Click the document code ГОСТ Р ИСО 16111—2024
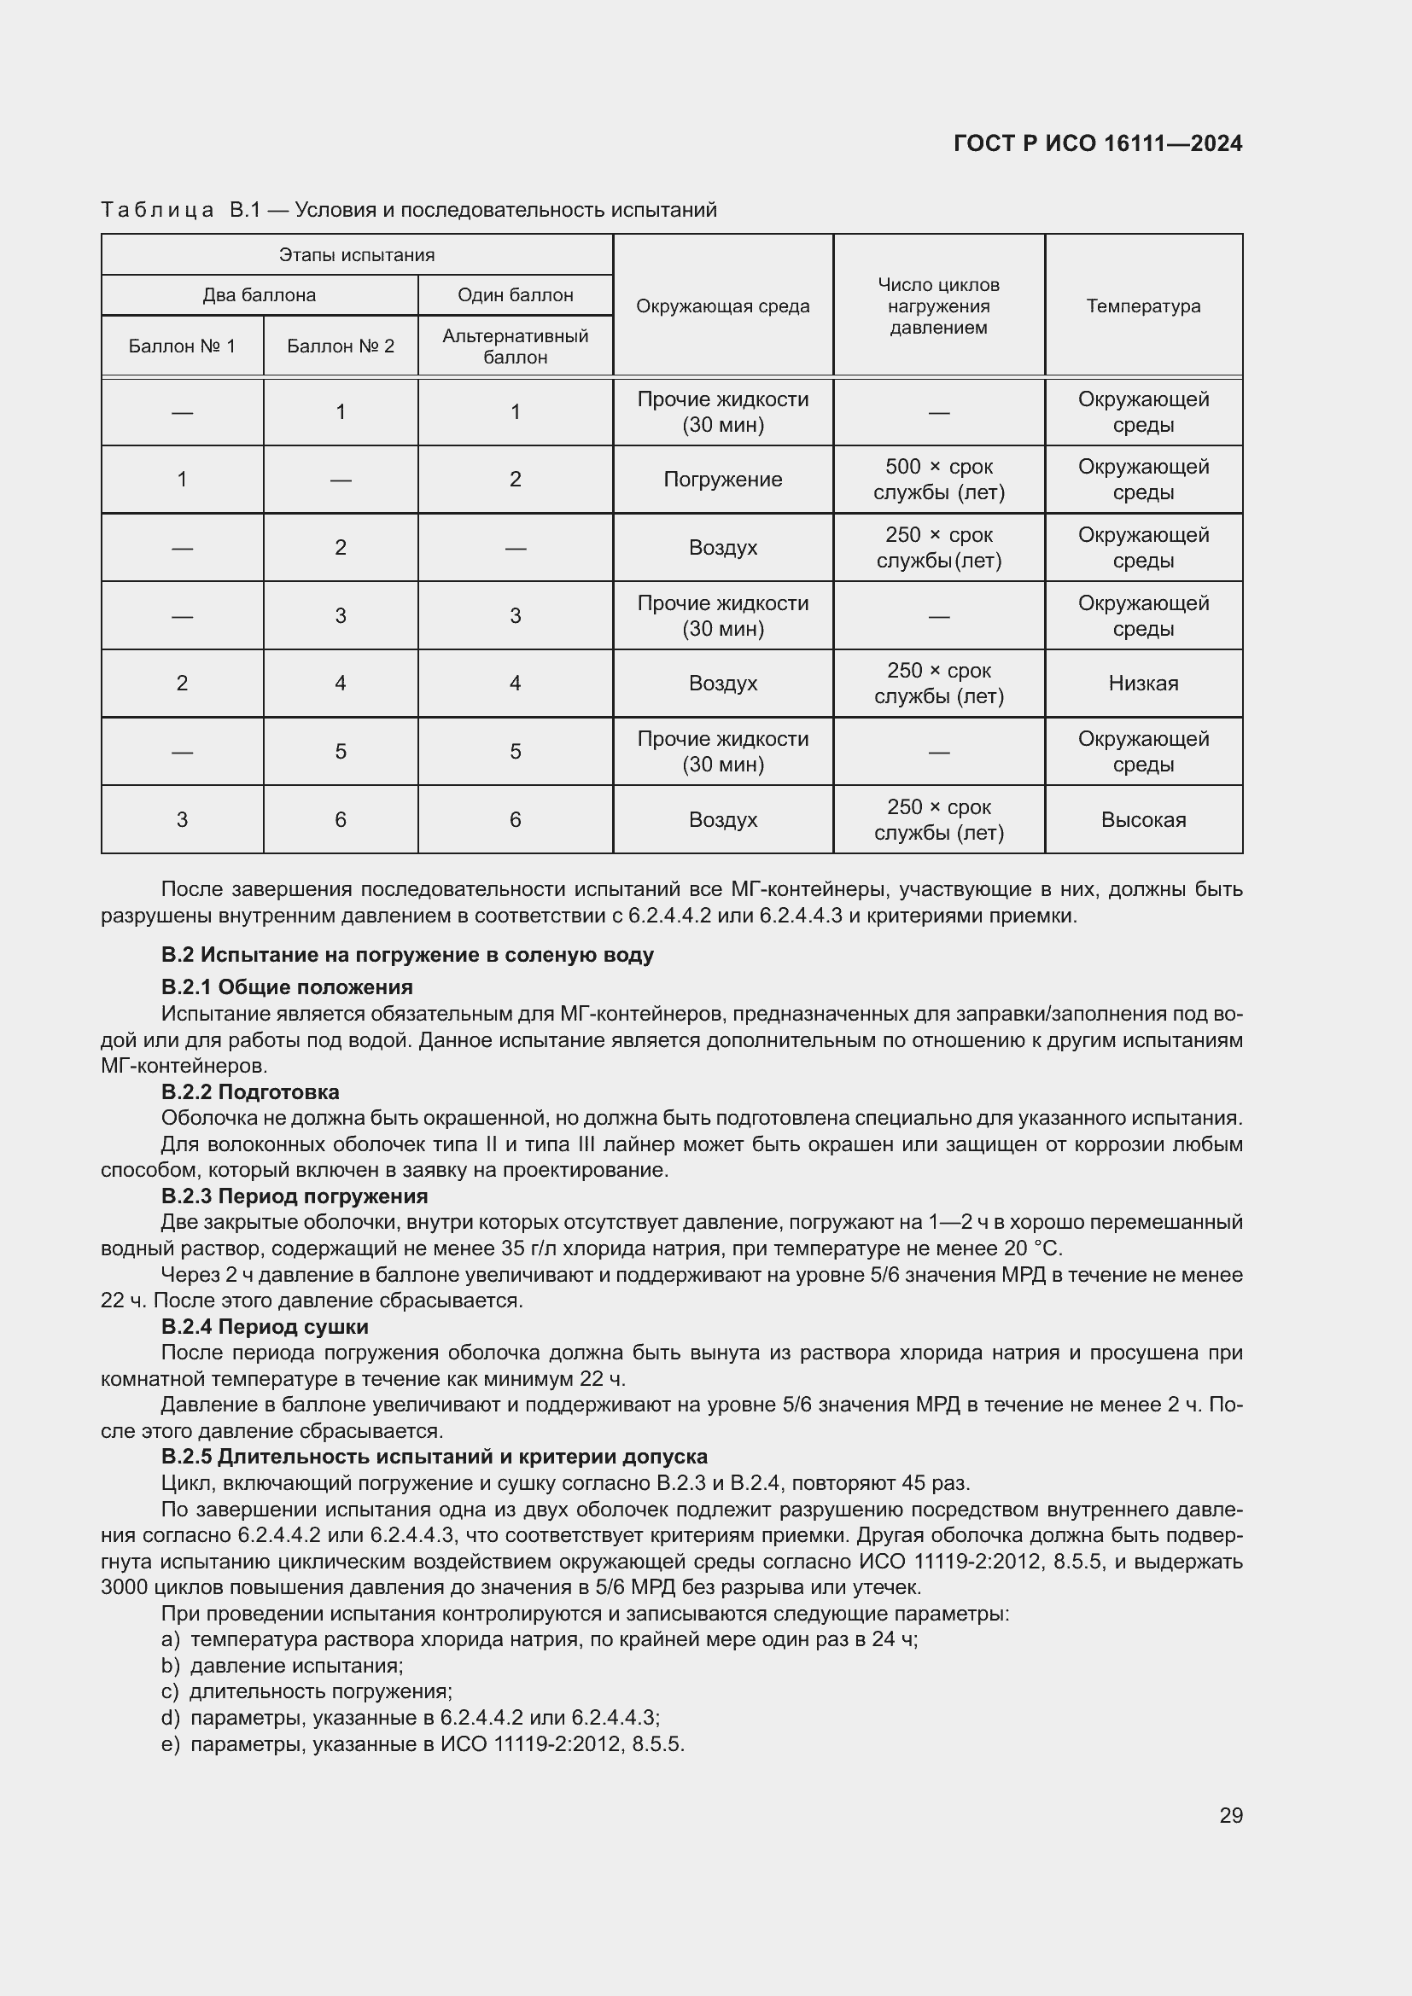tap(1097, 143)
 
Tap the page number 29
tap(1230, 1815)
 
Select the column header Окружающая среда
tap(722, 306)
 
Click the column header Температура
tap(1142, 306)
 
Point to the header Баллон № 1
tap(182, 346)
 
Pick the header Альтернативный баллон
tap(515, 346)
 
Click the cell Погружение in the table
tap(722, 479)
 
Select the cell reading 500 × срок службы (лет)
tap(938, 479)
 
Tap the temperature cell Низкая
tap(1142, 684)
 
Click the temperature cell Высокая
tap(1142, 820)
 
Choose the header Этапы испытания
tap(357, 254)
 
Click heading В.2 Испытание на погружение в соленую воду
tap(407, 955)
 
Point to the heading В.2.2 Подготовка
tap(250, 1092)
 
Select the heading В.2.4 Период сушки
tap(265, 1327)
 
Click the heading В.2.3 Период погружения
tap(294, 1196)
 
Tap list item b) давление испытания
tap(282, 1666)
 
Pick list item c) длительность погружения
tap(306, 1691)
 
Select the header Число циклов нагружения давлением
tap(938, 306)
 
